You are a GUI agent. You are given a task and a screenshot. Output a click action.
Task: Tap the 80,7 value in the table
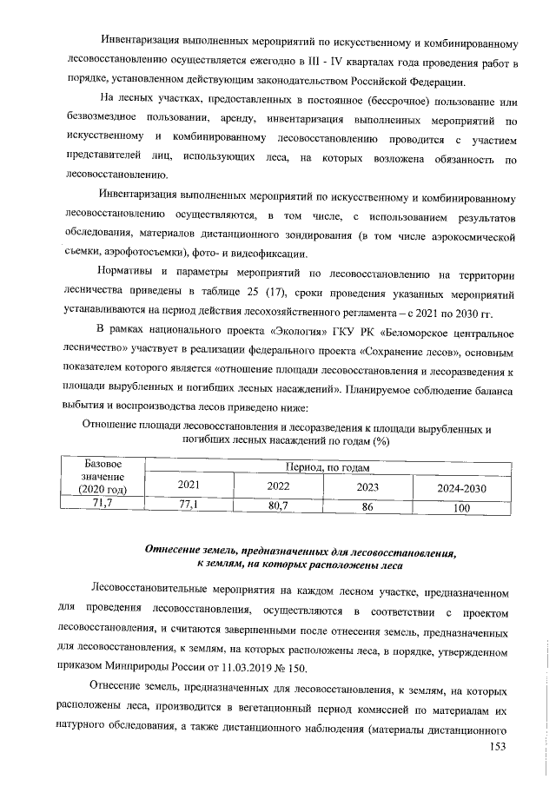coord(278,504)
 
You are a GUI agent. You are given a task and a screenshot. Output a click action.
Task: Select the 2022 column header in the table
coord(278,486)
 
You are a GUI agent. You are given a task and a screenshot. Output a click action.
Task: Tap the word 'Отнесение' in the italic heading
coord(176,551)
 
